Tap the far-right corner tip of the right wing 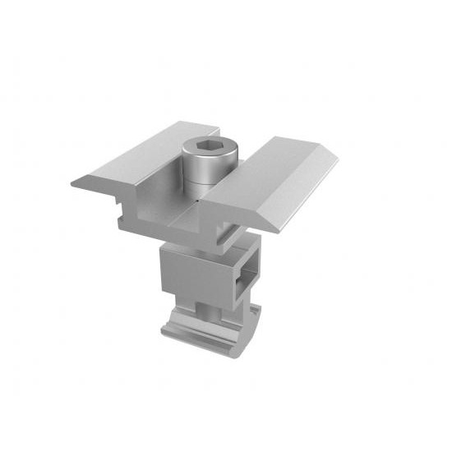[x=337, y=160]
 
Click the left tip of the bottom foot [x=164, y=333]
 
